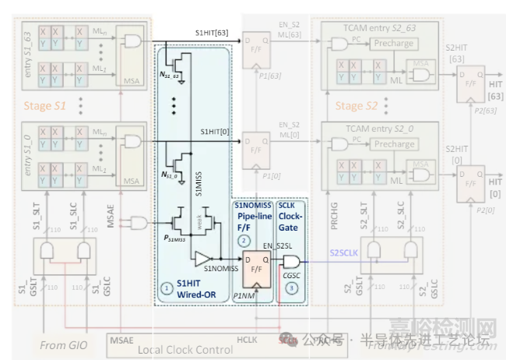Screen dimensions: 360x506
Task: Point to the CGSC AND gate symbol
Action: point(291,261)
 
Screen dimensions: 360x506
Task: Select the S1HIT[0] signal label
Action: point(214,131)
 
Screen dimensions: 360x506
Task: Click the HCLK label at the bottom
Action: point(246,341)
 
